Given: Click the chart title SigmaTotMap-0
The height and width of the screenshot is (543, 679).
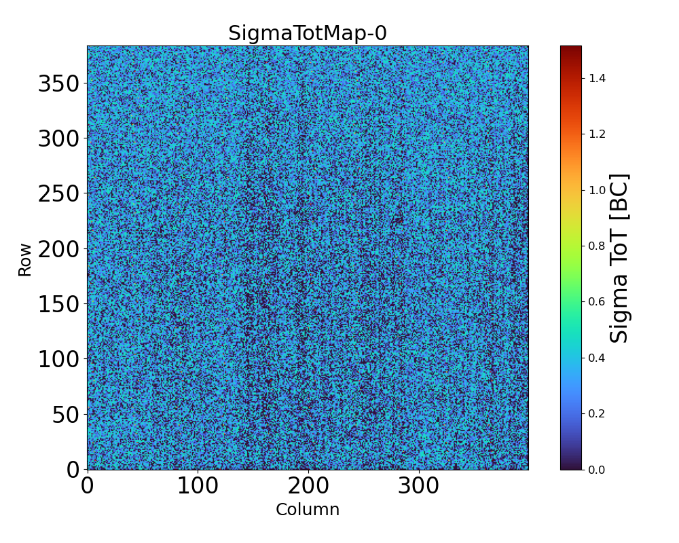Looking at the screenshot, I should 307,33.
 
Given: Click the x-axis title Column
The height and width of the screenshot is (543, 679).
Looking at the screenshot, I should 307,510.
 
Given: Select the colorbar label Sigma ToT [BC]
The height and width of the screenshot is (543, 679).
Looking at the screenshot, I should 619,258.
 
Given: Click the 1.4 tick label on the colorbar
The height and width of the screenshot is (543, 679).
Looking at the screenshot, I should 597,79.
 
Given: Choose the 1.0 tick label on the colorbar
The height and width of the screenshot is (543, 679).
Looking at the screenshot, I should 597,190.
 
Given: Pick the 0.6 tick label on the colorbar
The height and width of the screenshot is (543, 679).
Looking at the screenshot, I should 597,302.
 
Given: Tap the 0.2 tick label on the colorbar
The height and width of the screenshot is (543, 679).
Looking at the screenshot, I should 597,413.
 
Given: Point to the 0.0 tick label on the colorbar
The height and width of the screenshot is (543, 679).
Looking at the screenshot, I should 597,470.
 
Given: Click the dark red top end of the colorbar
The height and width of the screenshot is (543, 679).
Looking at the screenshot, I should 571,49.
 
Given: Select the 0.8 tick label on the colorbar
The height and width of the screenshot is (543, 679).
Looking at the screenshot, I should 597,246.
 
